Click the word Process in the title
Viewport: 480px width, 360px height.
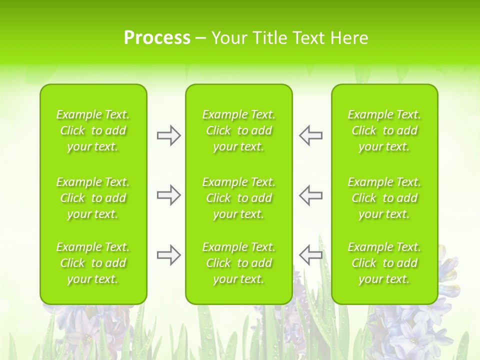click(x=157, y=38)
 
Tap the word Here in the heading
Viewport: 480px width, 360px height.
click(x=348, y=38)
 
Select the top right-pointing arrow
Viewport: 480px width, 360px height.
click(x=168, y=135)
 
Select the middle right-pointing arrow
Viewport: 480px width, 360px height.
click(x=168, y=195)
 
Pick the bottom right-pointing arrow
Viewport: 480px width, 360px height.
click(x=168, y=255)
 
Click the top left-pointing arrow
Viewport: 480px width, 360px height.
click(x=310, y=135)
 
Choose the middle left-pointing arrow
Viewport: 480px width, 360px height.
click(x=310, y=195)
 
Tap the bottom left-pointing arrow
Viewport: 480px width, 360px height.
click(x=310, y=255)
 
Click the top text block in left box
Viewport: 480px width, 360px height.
click(x=93, y=130)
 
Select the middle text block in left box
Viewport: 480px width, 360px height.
click(x=93, y=198)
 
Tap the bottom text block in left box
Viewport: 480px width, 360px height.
click(x=93, y=263)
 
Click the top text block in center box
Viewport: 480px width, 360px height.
click(x=238, y=130)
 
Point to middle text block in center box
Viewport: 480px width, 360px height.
click(x=238, y=198)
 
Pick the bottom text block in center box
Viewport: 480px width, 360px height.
click(x=238, y=263)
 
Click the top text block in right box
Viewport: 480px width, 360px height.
click(x=384, y=130)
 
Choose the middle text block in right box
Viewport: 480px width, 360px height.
click(x=384, y=198)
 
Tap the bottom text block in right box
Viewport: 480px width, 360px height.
click(x=384, y=263)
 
